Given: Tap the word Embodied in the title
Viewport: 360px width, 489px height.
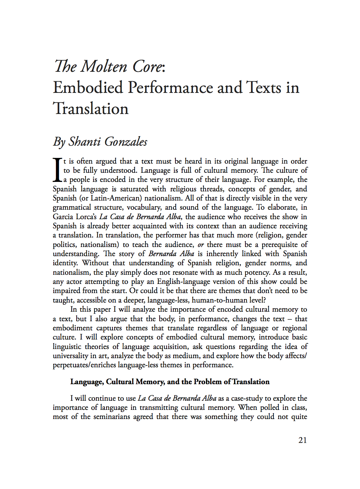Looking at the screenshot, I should click(88, 88).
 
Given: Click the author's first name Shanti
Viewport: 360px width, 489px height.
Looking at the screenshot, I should click(84, 142).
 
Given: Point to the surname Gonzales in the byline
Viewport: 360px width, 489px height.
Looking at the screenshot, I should click(126, 142).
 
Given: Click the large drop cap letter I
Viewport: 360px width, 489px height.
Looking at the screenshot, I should click(57, 170).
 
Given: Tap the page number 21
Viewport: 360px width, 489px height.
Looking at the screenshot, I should click(302, 440).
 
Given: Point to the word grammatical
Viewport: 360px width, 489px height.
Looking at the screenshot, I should click(72, 208).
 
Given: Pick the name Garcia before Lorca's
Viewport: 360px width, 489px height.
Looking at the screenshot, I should click(63, 217).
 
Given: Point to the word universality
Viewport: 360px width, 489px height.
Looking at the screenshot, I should click(70, 356).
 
